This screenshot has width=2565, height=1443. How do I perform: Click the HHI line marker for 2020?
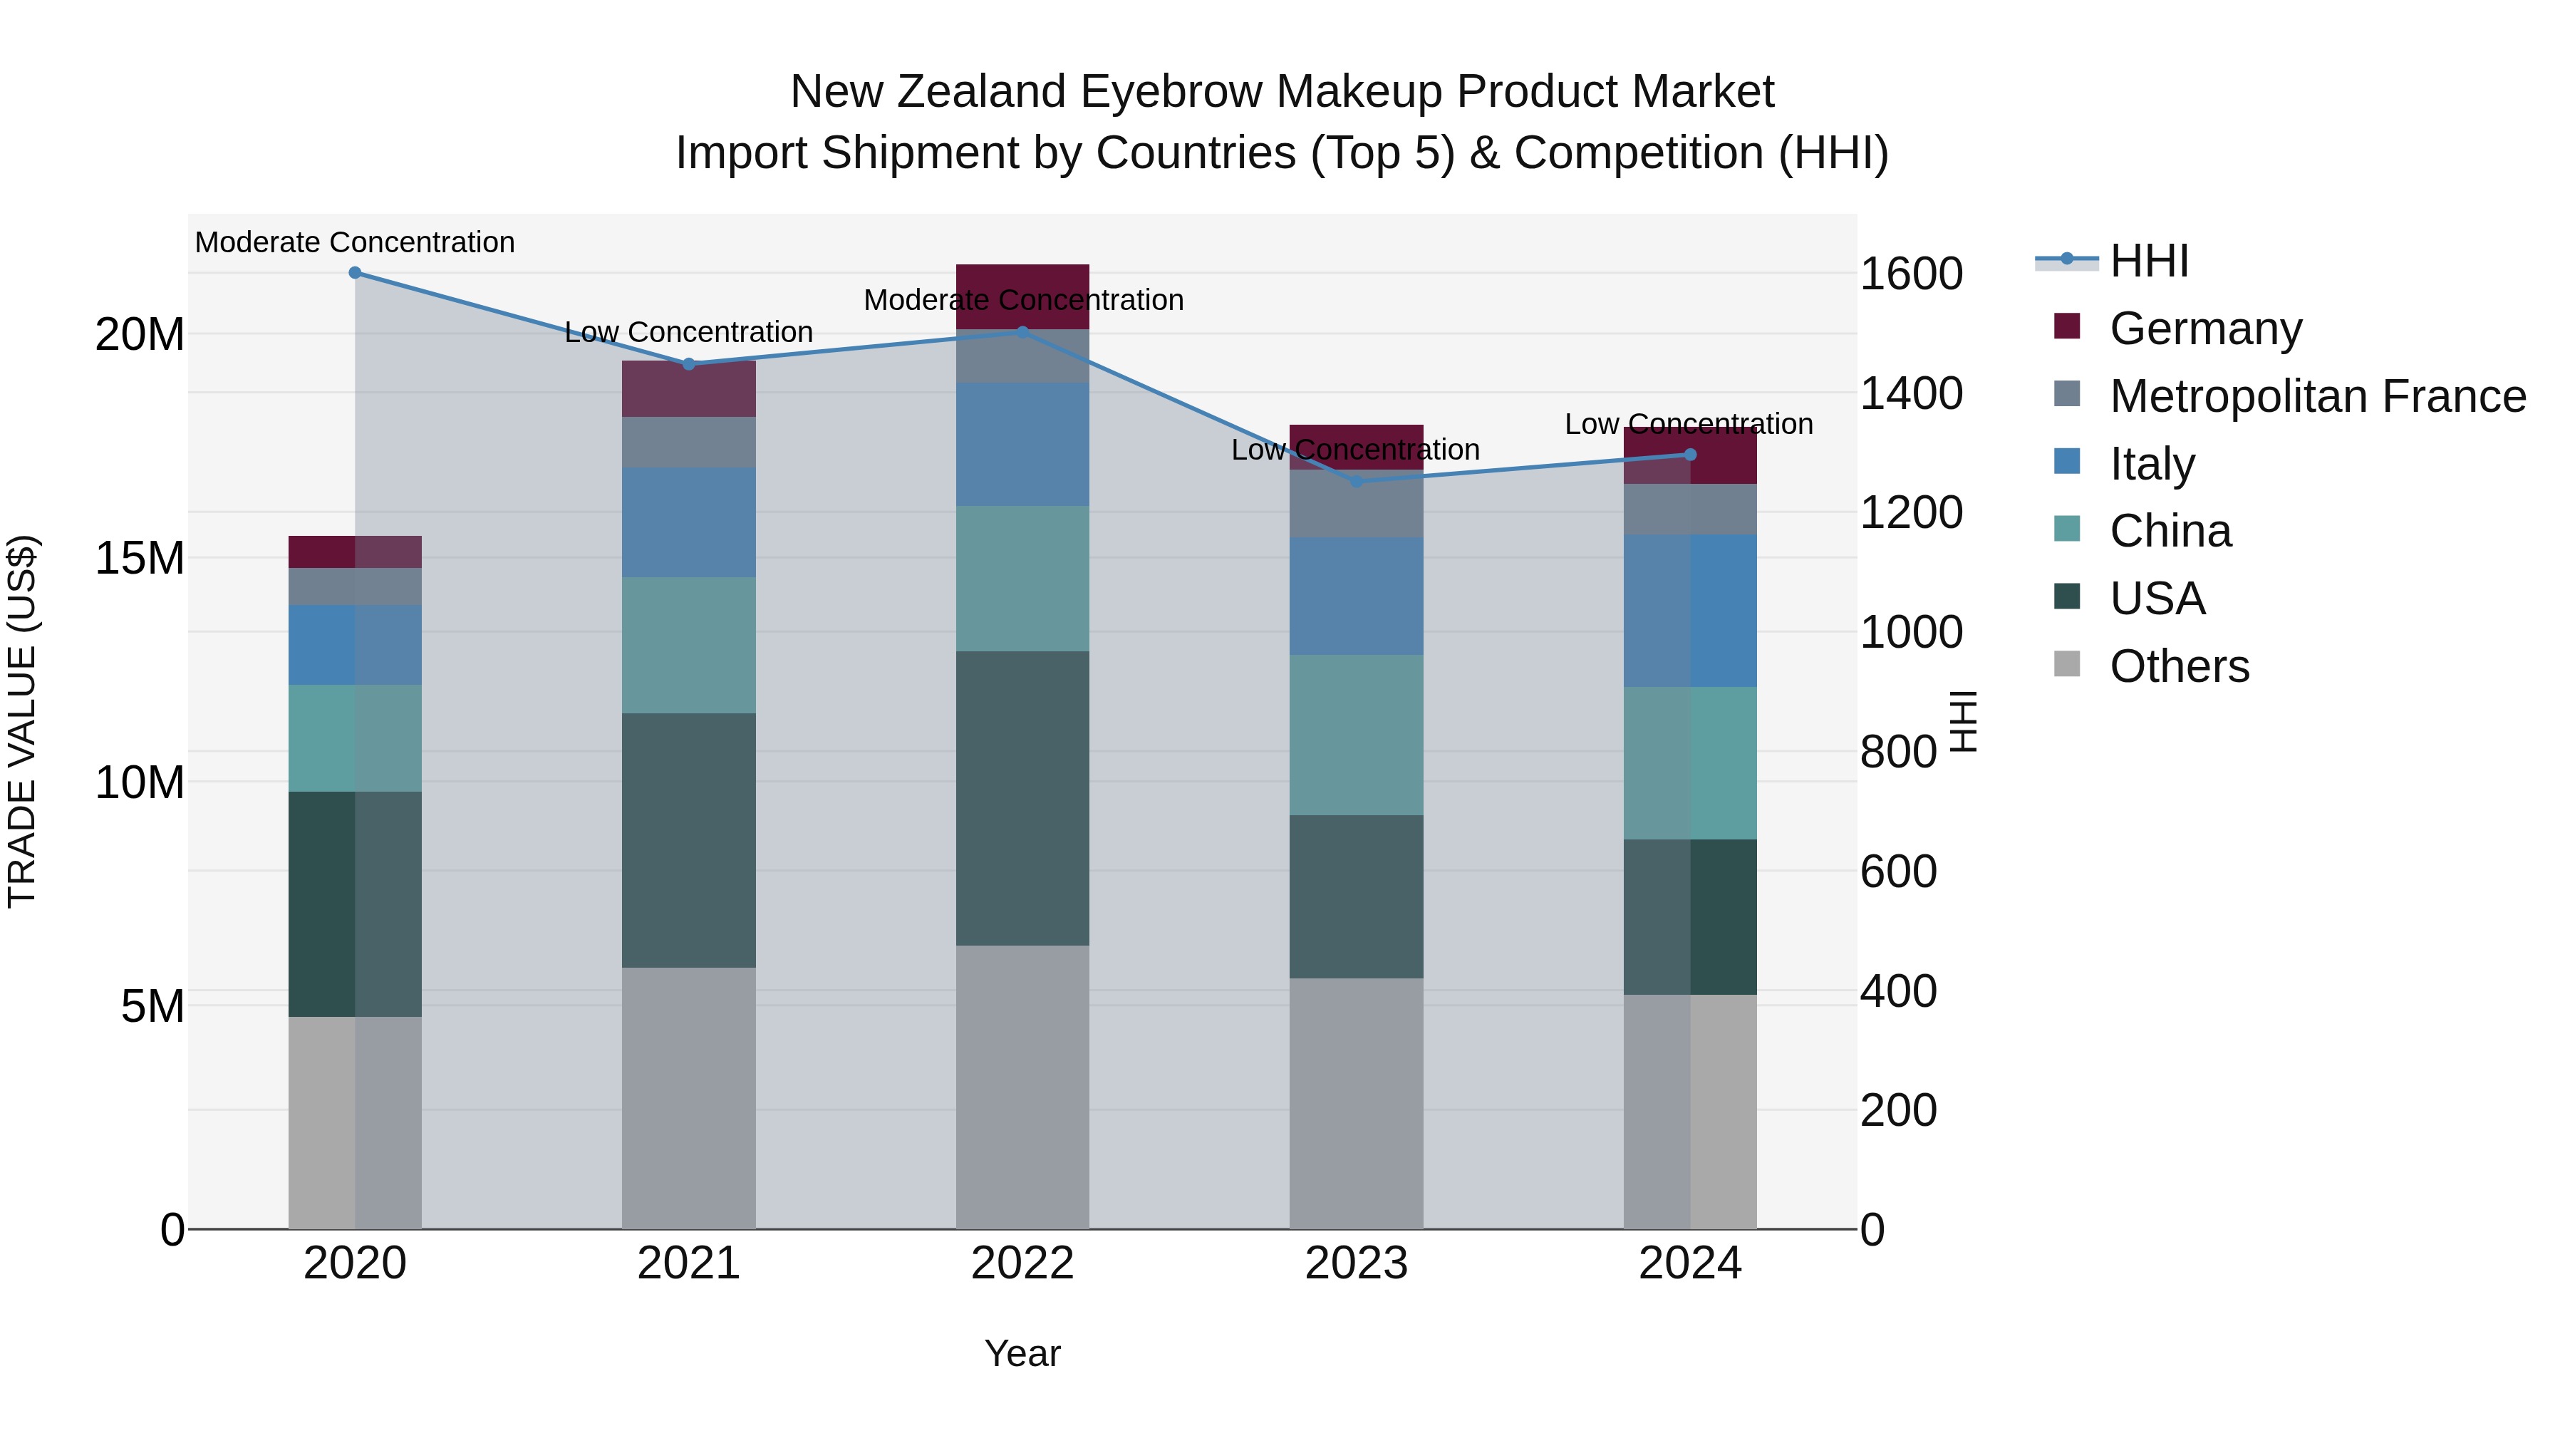[355, 273]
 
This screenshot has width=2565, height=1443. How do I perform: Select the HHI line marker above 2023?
[1356, 481]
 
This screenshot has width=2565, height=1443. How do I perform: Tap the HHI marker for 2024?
[1690, 454]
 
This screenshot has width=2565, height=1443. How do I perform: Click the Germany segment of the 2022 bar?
[1022, 296]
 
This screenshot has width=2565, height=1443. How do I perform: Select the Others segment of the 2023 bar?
[1356, 1102]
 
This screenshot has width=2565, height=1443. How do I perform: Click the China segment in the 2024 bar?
[1690, 762]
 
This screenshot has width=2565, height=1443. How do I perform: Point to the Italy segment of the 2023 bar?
[1356, 596]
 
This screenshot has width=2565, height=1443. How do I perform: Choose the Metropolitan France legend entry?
[2317, 396]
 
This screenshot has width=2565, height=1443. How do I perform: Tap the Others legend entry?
[2179, 666]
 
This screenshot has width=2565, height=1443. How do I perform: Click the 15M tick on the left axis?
[140, 558]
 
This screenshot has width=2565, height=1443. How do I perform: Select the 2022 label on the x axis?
[1022, 1263]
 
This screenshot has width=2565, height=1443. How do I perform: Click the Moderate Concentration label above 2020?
[355, 242]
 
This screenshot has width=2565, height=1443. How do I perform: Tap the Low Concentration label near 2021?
[688, 331]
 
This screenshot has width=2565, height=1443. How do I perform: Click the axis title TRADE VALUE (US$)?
[22, 721]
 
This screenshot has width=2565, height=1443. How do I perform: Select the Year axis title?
[1022, 1353]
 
